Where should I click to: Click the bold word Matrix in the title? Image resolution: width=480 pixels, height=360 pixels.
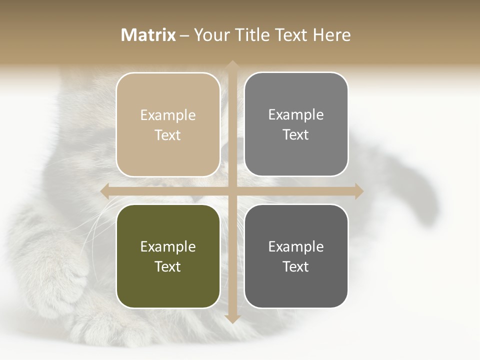click(x=148, y=35)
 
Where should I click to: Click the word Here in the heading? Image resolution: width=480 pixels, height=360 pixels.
click(x=332, y=35)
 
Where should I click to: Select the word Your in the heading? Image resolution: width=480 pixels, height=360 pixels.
click(x=212, y=35)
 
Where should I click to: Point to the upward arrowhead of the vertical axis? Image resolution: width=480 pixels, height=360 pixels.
click(x=232, y=65)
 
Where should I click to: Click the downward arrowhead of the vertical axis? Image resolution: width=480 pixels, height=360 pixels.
click(x=232, y=318)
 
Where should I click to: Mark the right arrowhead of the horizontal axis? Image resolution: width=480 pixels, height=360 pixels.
click(x=358, y=191)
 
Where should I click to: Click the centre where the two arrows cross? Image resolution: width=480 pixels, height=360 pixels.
click(x=232, y=191)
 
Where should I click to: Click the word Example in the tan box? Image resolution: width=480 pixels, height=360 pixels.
click(x=168, y=115)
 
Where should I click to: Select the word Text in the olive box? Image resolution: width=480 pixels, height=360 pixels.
click(x=168, y=266)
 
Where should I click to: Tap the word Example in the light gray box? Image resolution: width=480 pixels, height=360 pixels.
click(x=296, y=115)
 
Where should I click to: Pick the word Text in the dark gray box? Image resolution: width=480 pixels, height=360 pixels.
click(x=296, y=266)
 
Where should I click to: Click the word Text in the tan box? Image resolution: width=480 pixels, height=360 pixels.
click(x=168, y=135)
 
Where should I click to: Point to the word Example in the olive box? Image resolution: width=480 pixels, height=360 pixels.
click(x=168, y=247)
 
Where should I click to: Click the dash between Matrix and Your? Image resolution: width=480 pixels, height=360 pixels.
click(x=184, y=35)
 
